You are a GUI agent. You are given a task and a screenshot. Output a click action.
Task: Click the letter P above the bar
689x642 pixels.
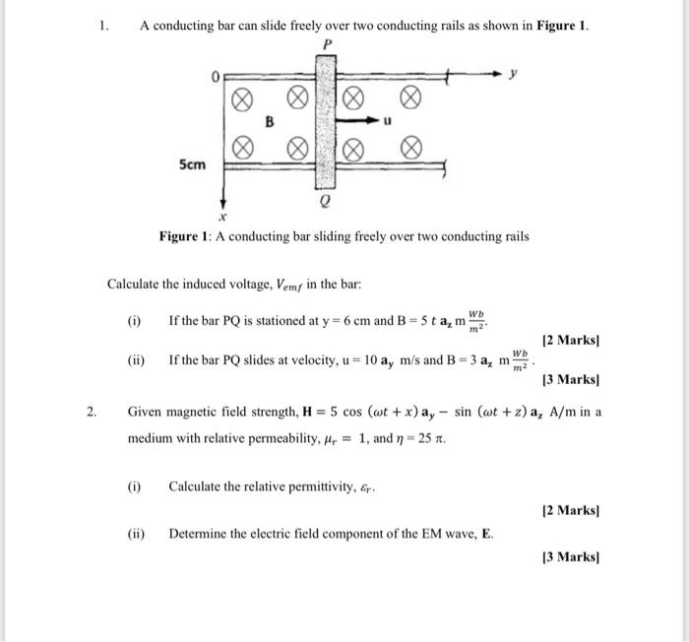(326, 44)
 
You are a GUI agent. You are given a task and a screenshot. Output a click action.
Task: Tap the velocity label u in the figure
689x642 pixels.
(387, 122)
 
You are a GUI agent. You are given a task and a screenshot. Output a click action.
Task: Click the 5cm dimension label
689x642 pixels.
(192, 163)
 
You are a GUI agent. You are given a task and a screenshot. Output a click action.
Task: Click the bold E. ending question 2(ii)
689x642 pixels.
(487, 534)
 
